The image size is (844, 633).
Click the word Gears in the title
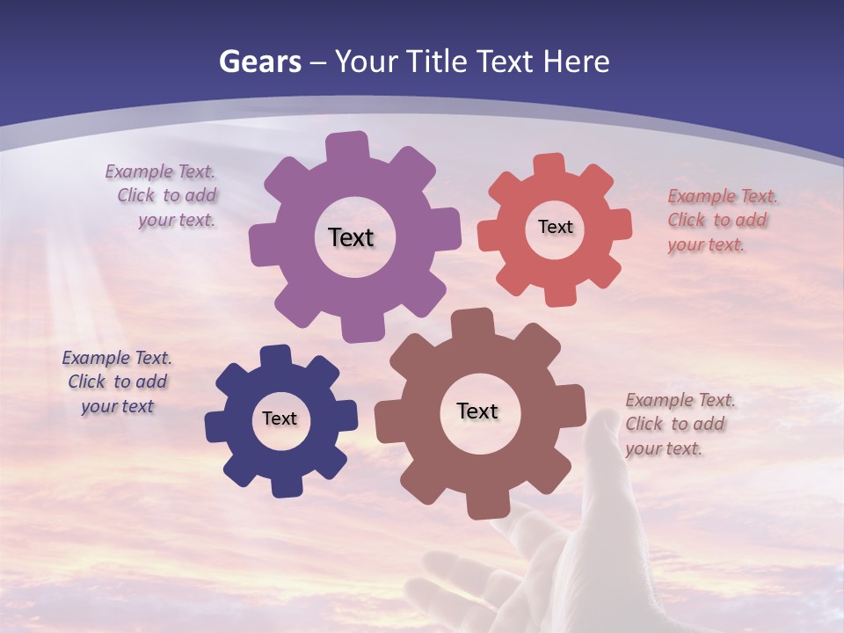pos(259,62)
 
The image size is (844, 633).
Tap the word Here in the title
pos(576,62)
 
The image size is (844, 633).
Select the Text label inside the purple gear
pos(351,237)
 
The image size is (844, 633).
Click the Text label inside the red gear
pos(555,227)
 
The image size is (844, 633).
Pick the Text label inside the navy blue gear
pos(280,418)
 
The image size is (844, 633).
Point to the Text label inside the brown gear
pos(477,411)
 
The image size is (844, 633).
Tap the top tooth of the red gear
pos(549,165)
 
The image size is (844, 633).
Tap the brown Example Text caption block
pos(679,424)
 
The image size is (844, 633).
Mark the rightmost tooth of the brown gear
pos(575,408)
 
